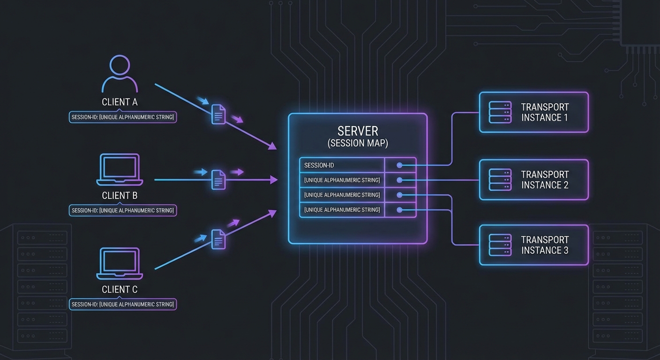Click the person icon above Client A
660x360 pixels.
[x=120, y=74]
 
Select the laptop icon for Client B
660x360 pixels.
[x=120, y=170]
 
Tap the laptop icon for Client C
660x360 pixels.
[x=120, y=263]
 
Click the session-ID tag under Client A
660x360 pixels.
[x=123, y=117]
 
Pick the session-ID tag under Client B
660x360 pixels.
[x=123, y=210]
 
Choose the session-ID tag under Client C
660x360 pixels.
[x=123, y=304]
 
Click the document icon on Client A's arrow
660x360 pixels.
[x=218, y=114]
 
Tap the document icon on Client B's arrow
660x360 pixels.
[x=218, y=179]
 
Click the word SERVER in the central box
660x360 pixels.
[x=358, y=131]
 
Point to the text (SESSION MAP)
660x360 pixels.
[x=358, y=143]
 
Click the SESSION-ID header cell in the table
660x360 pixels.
[x=342, y=165]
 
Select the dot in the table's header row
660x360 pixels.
[x=399, y=165]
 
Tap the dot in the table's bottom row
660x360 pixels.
[x=399, y=210]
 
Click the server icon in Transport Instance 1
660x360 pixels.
[x=500, y=112]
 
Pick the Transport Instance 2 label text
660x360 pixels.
[x=545, y=180]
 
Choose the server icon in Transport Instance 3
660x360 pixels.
[x=500, y=245]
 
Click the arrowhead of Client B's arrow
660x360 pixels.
[x=274, y=180]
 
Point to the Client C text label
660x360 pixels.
[x=120, y=289]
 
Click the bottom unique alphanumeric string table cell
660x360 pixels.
[x=342, y=210]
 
